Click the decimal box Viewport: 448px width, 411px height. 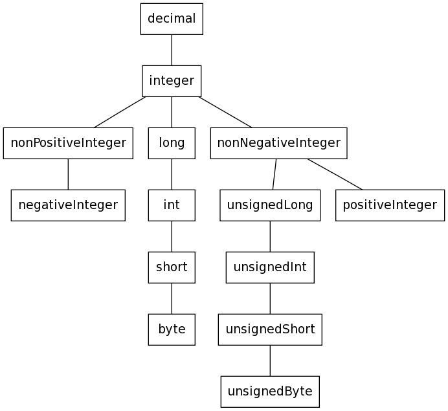point(172,19)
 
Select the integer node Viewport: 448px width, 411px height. point(172,81)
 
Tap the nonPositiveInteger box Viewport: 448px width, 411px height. point(68,143)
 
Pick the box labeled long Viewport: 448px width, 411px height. point(172,143)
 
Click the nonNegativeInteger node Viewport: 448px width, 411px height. point(278,143)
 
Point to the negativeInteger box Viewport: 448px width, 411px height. point(68,205)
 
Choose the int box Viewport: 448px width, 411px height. point(172,205)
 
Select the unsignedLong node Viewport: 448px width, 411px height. point(270,205)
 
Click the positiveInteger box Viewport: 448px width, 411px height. point(390,205)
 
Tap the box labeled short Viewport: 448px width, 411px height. point(172,267)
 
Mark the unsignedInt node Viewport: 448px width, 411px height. point(270,267)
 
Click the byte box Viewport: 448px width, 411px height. point(172,329)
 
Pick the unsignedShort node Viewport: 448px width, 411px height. point(270,329)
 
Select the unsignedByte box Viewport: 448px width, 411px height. point(270,392)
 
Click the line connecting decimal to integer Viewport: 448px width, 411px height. point(172,50)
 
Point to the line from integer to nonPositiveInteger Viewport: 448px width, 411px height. point(120,112)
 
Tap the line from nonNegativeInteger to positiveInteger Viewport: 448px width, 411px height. point(335,174)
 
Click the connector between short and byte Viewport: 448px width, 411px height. point(172,298)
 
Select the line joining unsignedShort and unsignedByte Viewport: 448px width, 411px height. point(270,361)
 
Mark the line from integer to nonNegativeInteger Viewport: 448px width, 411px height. point(225,112)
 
